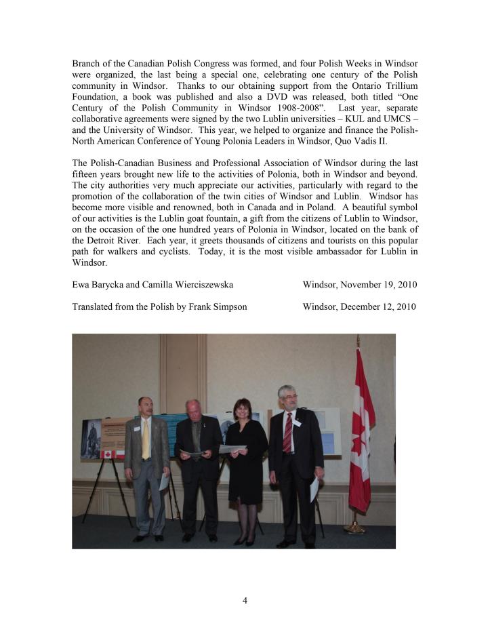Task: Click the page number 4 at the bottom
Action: pos(245,599)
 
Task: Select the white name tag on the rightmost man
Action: pos(297,422)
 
